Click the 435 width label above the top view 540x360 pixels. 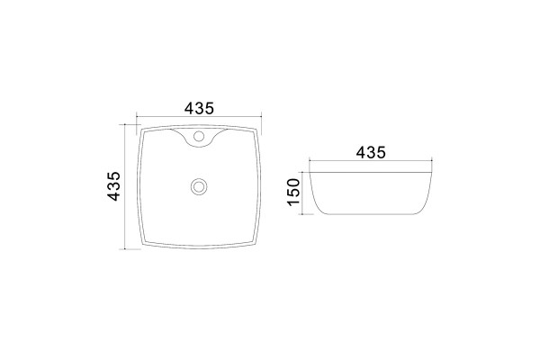tap(199, 108)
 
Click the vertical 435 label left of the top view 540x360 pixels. tap(113, 186)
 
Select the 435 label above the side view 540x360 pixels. tap(371, 152)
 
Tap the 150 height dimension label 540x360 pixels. tap(293, 192)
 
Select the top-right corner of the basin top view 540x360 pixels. tap(256, 130)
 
